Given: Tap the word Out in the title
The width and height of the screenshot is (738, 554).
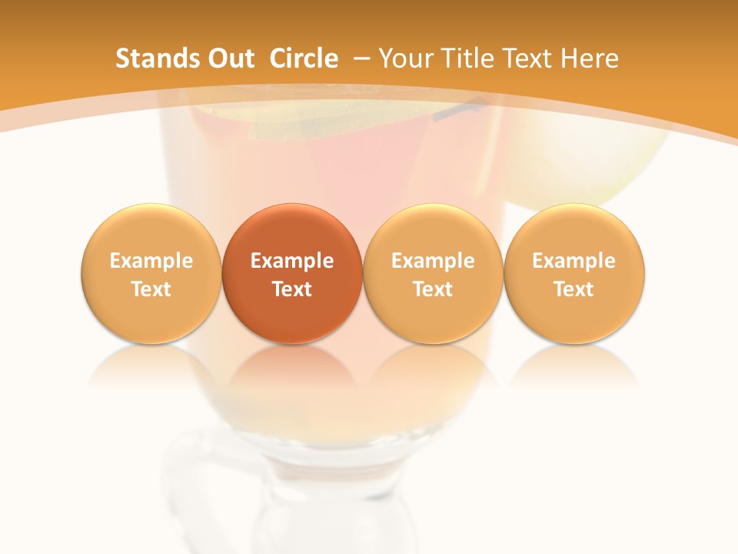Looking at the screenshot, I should point(228,58).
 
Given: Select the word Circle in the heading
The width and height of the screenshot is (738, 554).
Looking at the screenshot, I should point(304,58).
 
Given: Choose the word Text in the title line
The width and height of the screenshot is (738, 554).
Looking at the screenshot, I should point(530,58).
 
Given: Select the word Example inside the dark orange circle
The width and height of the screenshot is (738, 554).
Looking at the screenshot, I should point(292,261).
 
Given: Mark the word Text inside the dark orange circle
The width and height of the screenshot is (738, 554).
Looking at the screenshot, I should point(292,289).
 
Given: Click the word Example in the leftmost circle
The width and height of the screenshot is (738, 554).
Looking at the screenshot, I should point(151,261).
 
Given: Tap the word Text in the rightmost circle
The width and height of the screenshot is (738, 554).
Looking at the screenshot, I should point(574,289).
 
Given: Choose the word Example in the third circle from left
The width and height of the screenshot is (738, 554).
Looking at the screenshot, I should point(433,261).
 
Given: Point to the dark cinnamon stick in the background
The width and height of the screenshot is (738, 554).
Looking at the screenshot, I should point(457,111).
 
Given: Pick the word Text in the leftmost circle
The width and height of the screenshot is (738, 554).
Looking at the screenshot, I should point(151,289).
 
